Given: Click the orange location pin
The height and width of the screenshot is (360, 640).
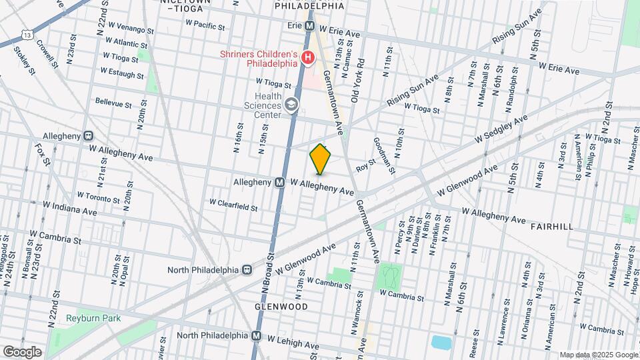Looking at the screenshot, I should [x=321, y=158].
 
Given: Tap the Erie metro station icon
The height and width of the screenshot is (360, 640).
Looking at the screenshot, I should [x=310, y=26].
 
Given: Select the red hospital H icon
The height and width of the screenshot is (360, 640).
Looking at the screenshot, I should [x=307, y=58].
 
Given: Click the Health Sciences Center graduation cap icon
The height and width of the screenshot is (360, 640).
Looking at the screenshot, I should [x=291, y=105].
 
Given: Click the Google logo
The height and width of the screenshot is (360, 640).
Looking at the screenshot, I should [x=22, y=351].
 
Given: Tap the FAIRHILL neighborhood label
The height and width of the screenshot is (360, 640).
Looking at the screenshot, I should [x=551, y=227].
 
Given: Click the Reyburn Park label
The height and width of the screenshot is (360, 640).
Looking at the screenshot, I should [x=93, y=318].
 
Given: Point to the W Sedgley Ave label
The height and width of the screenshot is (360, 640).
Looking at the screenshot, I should [x=500, y=129].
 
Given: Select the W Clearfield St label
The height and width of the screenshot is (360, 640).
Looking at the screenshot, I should [x=233, y=203].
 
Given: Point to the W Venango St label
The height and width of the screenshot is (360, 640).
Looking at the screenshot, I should [x=131, y=31].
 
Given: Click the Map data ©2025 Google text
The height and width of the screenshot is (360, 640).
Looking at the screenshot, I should [x=597, y=355].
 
